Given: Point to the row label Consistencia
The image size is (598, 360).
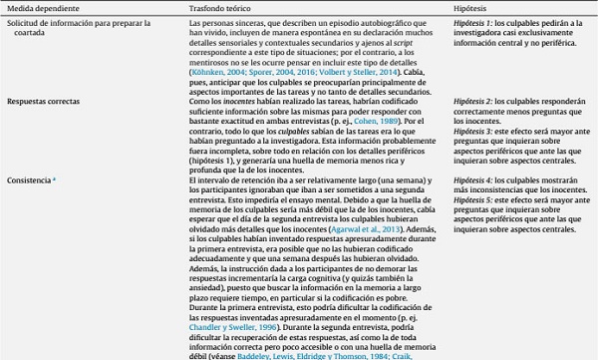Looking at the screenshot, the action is point(32,178).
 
